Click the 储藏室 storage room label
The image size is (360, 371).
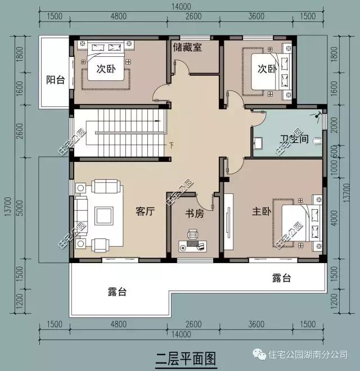[x=187, y=48]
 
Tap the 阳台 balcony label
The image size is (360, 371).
[x=55, y=80]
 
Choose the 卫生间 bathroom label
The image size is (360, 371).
[x=294, y=138]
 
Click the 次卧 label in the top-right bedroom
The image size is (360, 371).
[x=267, y=69]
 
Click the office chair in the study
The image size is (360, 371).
[x=193, y=234]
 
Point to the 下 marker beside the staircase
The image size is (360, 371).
[x=170, y=146]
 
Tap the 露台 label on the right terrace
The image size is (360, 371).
[x=282, y=278]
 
